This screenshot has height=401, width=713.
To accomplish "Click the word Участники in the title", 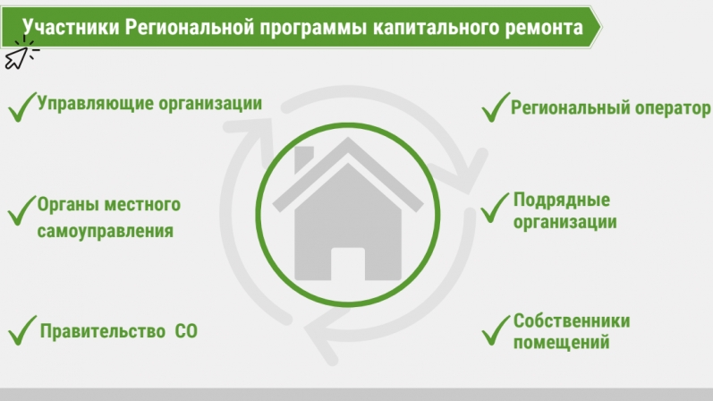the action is pos(71,28).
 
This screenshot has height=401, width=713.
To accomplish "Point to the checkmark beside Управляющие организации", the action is pos(21,107).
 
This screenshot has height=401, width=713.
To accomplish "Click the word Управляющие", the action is pos(95,104).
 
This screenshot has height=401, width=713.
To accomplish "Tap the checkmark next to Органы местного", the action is pos(21,210).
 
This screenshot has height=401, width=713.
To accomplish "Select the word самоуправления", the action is pos(105,231).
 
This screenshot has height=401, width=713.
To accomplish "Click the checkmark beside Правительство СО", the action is pos(21,330).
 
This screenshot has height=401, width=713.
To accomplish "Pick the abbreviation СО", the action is pos(186,331).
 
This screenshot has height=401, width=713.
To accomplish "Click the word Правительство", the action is pos(102,331).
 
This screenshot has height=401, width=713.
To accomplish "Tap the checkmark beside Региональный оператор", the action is pos(496,107).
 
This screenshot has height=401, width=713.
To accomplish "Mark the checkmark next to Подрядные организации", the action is pos(495,208).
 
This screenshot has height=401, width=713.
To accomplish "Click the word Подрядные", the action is pos(562,200).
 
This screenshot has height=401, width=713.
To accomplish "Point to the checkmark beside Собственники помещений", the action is pos(496,330).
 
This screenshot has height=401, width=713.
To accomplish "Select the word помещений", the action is pos(561,342).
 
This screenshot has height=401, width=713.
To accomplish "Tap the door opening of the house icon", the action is pos(348,264).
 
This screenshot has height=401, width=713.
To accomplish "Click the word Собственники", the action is pos(572,321).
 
